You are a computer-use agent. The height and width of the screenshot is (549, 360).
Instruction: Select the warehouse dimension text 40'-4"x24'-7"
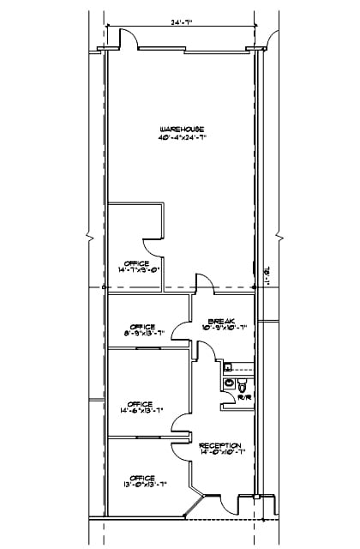(182, 136)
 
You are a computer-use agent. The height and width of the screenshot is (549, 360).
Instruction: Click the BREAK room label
(225, 319)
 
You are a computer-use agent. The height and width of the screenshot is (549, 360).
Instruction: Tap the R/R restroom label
(243, 398)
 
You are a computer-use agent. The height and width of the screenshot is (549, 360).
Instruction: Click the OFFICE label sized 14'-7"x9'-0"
(137, 262)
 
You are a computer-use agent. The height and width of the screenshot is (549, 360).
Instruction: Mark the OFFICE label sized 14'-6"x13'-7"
(140, 404)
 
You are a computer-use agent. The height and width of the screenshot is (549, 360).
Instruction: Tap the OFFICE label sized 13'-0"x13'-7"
(142, 478)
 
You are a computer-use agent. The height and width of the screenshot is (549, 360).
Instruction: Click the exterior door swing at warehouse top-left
(127, 39)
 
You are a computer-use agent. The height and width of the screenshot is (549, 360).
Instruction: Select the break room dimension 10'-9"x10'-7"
(225, 327)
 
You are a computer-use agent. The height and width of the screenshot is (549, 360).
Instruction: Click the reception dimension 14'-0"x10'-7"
(221, 454)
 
